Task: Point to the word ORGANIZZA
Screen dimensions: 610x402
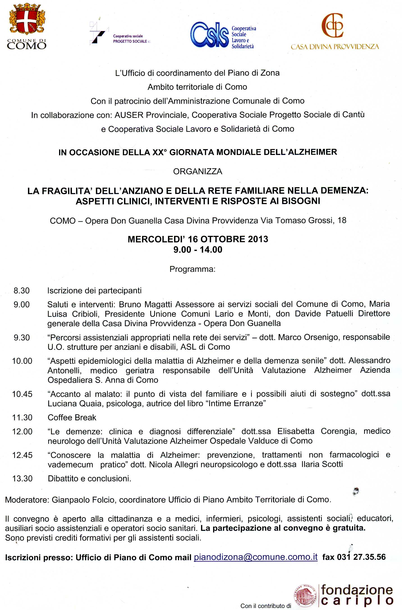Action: [x=198, y=171]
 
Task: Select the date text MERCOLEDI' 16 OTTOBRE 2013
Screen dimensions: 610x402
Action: [x=198, y=239]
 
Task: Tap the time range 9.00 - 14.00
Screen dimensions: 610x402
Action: [x=198, y=249]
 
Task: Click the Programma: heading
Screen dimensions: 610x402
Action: [x=192, y=269]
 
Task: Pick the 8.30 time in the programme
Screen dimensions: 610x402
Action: [x=22, y=291]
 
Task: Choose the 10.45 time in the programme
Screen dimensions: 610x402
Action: [x=22, y=394]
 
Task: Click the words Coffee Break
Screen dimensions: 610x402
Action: [x=72, y=418]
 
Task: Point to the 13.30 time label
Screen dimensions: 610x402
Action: [x=22, y=478]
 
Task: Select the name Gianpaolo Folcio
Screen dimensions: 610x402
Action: [x=83, y=500]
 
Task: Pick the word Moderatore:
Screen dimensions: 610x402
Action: [x=27, y=500]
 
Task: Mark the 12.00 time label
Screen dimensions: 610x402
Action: [x=22, y=432]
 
